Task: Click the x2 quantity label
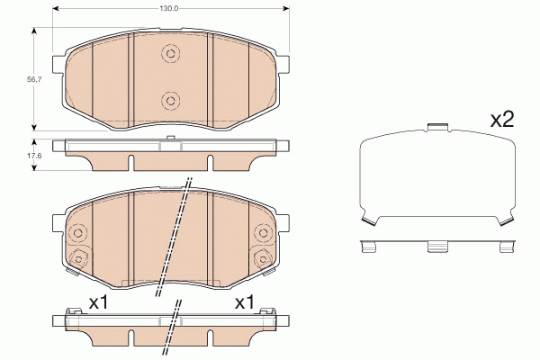point(500,121)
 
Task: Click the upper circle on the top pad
point(169,55)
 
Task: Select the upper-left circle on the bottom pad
point(76,235)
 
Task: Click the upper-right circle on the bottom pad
point(265,235)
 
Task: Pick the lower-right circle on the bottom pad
point(265,260)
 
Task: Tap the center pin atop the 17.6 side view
point(170,138)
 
